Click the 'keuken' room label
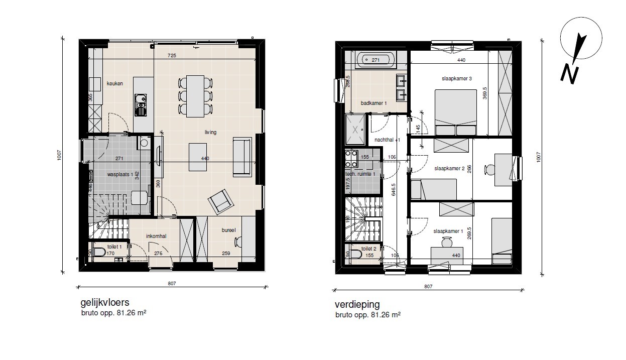pyautogui.click(x=115, y=84)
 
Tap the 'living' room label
pyautogui.click(x=210, y=133)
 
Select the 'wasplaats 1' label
pyautogui.click(x=119, y=175)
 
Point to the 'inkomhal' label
pyautogui.click(x=156, y=236)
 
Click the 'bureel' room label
pyautogui.click(x=229, y=230)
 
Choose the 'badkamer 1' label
pyautogui.click(x=374, y=103)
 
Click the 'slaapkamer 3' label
pyautogui.click(x=448, y=78)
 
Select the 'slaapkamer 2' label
pyautogui.click(x=449, y=168)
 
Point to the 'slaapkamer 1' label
pyautogui.click(x=448, y=231)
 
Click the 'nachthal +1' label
pyautogui.click(x=388, y=140)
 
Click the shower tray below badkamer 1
pyautogui.click(x=356, y=129)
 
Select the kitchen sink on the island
pyautogui.click(x=141, y=104)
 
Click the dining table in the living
pyautogui.click(x=195, y=96)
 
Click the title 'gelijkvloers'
pyautogui.click(x=105, y=303)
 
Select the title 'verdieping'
pyautogui.click(x=357, y=305)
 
